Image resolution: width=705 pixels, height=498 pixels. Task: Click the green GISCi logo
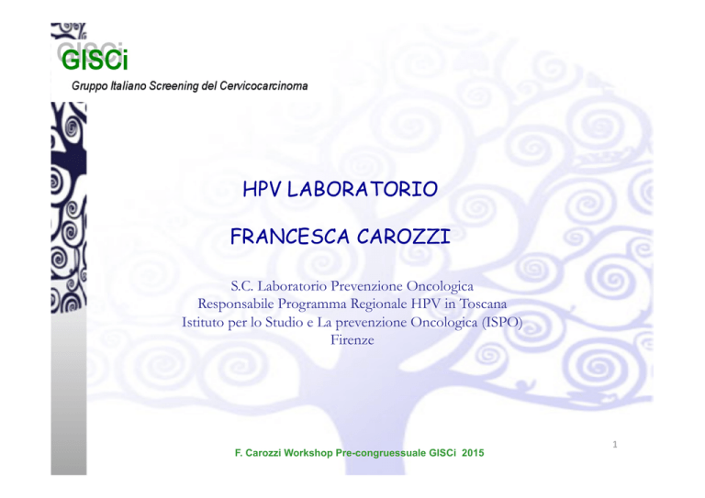click(x=95, y=60)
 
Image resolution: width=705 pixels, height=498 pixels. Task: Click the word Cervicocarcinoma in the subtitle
click(x=264, y=86)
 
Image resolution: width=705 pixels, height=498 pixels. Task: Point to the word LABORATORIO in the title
click(x=363, y=189)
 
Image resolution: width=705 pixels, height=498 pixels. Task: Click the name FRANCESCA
click(x=290, y=237)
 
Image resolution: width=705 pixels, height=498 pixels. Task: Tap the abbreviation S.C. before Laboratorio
click(x=242, y=286)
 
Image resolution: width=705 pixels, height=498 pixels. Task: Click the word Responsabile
click(x=236, y=304)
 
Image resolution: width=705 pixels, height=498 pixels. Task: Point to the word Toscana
click(x=483, y=304)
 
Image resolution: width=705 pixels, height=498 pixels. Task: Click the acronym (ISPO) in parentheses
click(x=502, y=323)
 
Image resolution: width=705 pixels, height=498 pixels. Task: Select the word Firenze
click(x=352, y=340)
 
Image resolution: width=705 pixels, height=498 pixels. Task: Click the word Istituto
click(x=204, y=322)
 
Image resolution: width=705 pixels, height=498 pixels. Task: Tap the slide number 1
click(x=615, y=445)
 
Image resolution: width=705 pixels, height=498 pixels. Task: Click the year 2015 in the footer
click(x=473, y=453)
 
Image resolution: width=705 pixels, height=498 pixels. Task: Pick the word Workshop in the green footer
click(x=308, y=453)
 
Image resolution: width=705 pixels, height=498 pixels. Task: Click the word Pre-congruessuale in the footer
click(x=381, y=453)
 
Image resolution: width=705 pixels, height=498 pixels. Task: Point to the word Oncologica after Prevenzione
click(x=440, y=286)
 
